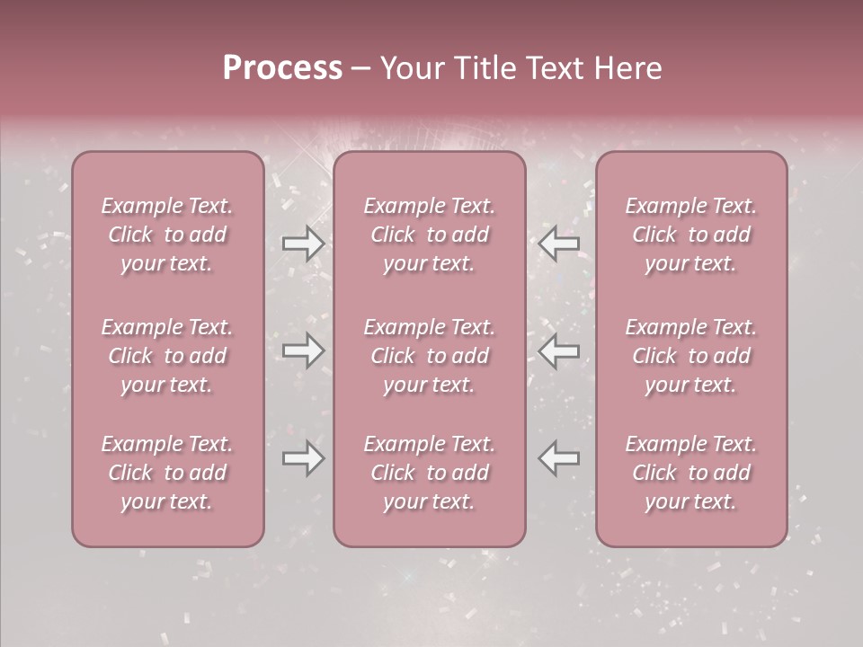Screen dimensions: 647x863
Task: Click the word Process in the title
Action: pos(282,68)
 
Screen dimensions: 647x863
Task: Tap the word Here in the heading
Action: pos(631,68)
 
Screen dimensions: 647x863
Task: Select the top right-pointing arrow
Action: pos(303,244)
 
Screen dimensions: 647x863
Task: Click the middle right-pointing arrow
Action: pos(303,350)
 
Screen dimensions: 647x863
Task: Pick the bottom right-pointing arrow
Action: pos(303,458)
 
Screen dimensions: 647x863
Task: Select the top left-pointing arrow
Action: pos(559,244)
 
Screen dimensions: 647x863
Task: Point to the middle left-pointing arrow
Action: pos(559,350)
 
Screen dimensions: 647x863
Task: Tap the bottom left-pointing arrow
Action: pos(559,458)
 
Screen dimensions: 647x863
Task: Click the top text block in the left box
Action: pos(167,235)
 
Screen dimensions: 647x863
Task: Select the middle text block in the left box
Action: pos(167,356)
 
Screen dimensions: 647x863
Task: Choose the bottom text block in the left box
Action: pos(167,473)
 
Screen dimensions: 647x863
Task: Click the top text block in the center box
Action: pos(429,235)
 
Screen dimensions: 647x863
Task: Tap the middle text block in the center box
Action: pos(429,356)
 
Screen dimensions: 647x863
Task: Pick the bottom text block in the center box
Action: pos(429,473)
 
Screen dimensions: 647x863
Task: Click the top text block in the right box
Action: pos(691,235)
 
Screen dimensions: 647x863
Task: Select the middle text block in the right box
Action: pos(691,356)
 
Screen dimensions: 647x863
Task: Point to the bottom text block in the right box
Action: pos(691,473)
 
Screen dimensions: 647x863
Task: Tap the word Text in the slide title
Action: pos(560,68)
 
